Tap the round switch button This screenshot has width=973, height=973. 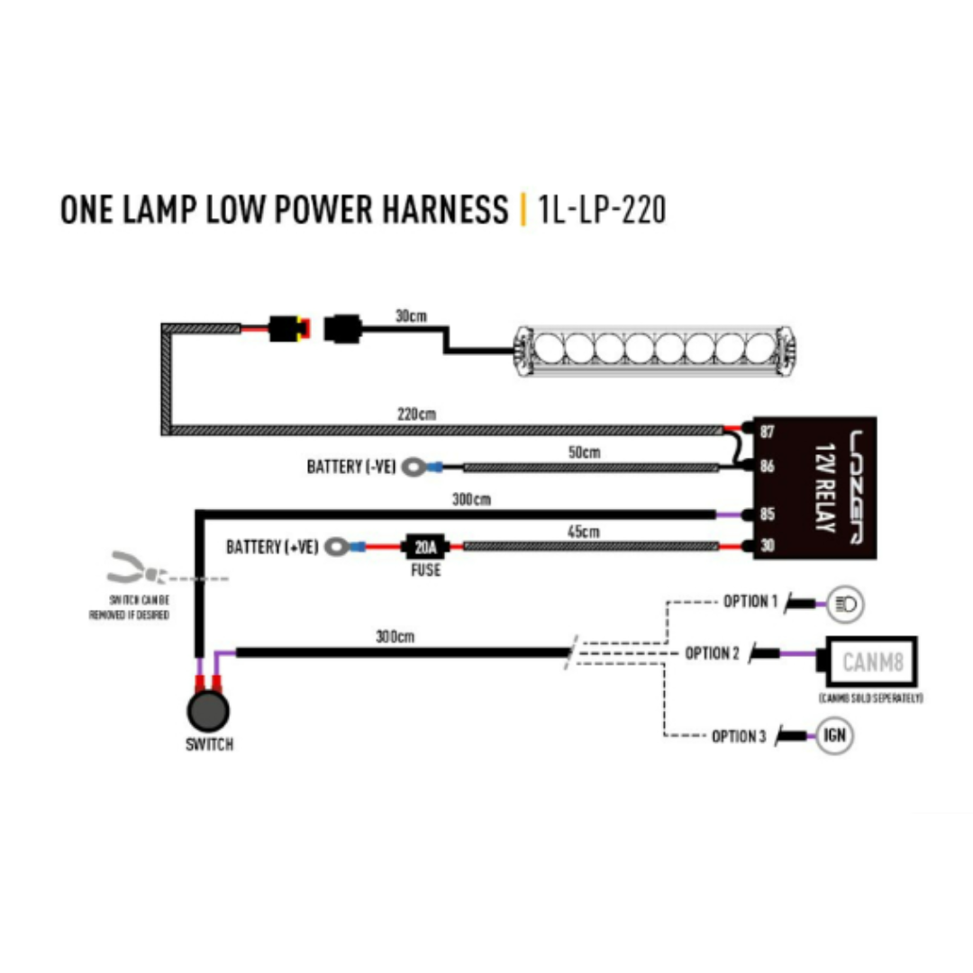pyautogui.click(x=208, y=711)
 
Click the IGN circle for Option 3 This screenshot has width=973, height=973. pyautogui.click(x=833, y=736)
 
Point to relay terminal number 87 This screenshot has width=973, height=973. pyautogui.click(x=768, y=432)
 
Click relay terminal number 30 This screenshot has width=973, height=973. pyautogui.click(x=768, y=545)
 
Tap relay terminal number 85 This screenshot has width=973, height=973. pyautogui.click(x=768, y=515)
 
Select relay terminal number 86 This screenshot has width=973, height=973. pyautogui.click(x=768, y=467)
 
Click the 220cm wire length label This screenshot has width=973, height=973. pyautogui.click(x=416, y=414)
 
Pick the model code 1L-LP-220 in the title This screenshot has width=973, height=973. pyautogui.click(x=601, y=209)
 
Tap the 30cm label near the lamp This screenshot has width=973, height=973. pyautogui.click(x=410, y=317)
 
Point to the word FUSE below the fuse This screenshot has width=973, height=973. pyautogui.click(x=425, y=570)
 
